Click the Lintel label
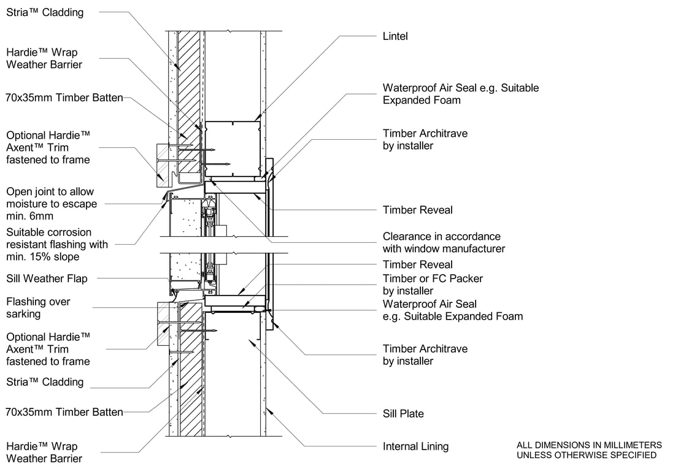tap(395, 36)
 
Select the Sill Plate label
tap(403, 413)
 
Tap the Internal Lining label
tap(415, 446)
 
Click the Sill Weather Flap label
tap(47, 278)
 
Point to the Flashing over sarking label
tap(38, 307)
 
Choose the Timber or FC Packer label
tap(433, 285)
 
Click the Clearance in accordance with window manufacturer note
tap(444, 242)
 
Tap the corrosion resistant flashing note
tap(56, 244)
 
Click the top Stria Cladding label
tap(45, 12)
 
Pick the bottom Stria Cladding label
tap(45, 381)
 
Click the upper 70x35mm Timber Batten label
tap(64, 97)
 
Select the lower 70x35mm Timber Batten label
tap(64, 412)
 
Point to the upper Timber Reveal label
tap(417, 210)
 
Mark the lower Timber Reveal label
tap(417, 264)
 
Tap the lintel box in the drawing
tap(233, 148)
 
